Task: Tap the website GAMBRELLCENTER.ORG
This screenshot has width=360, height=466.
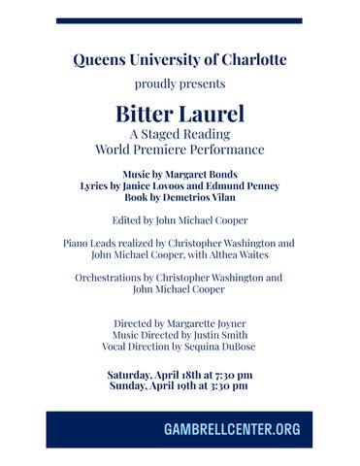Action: (232, 429)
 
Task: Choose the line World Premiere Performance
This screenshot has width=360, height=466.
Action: (180, 150)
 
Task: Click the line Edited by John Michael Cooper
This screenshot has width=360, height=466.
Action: (180, 219)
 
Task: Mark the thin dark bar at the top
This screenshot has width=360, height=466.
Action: (180, 20)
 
